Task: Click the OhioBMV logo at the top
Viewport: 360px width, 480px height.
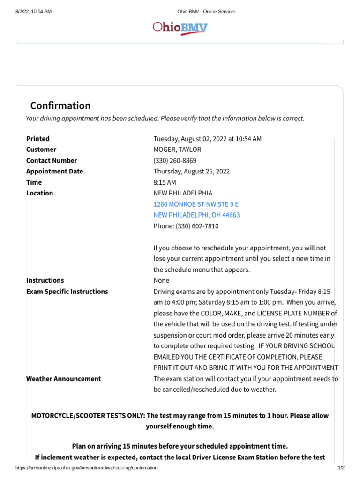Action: coord(180,28)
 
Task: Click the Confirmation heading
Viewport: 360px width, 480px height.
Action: coord(60,105)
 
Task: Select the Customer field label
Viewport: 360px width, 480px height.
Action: coord(41,150)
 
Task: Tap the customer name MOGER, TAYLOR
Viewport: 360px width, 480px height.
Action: coord(177,150)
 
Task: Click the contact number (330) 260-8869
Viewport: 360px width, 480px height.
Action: coord(175,160)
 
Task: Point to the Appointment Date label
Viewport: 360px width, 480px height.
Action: coord(54,171)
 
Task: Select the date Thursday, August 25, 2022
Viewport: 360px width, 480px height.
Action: coord(192,171)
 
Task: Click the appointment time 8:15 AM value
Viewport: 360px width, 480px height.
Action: coord(164,182)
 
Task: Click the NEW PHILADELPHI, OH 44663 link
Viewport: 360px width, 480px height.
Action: coord(196,215)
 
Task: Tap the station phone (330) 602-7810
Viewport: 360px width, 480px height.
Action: coord(186,226)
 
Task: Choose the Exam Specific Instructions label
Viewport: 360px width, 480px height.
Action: coord(67,292)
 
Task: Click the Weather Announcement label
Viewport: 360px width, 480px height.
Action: coord(63,379)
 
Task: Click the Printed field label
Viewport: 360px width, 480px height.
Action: coord(38,139)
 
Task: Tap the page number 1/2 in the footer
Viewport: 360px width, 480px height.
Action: coord(341,468)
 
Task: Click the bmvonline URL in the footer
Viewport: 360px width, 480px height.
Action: coord(87,468)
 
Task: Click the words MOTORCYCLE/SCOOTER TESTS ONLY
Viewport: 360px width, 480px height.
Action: coord(88,416)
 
